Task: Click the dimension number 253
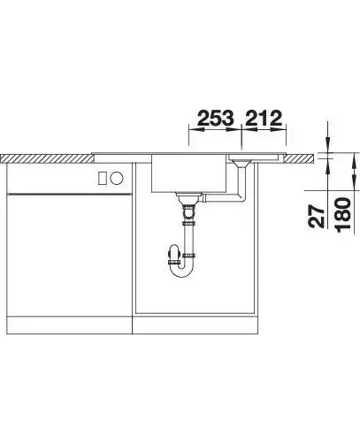[216, 118]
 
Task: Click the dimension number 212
[264, 118]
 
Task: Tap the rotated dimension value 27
[317, 217]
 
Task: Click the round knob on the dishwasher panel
[117, 178]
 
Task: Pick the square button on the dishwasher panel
[103, 178]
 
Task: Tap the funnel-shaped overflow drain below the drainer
[241, 163]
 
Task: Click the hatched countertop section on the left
[47, 158]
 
